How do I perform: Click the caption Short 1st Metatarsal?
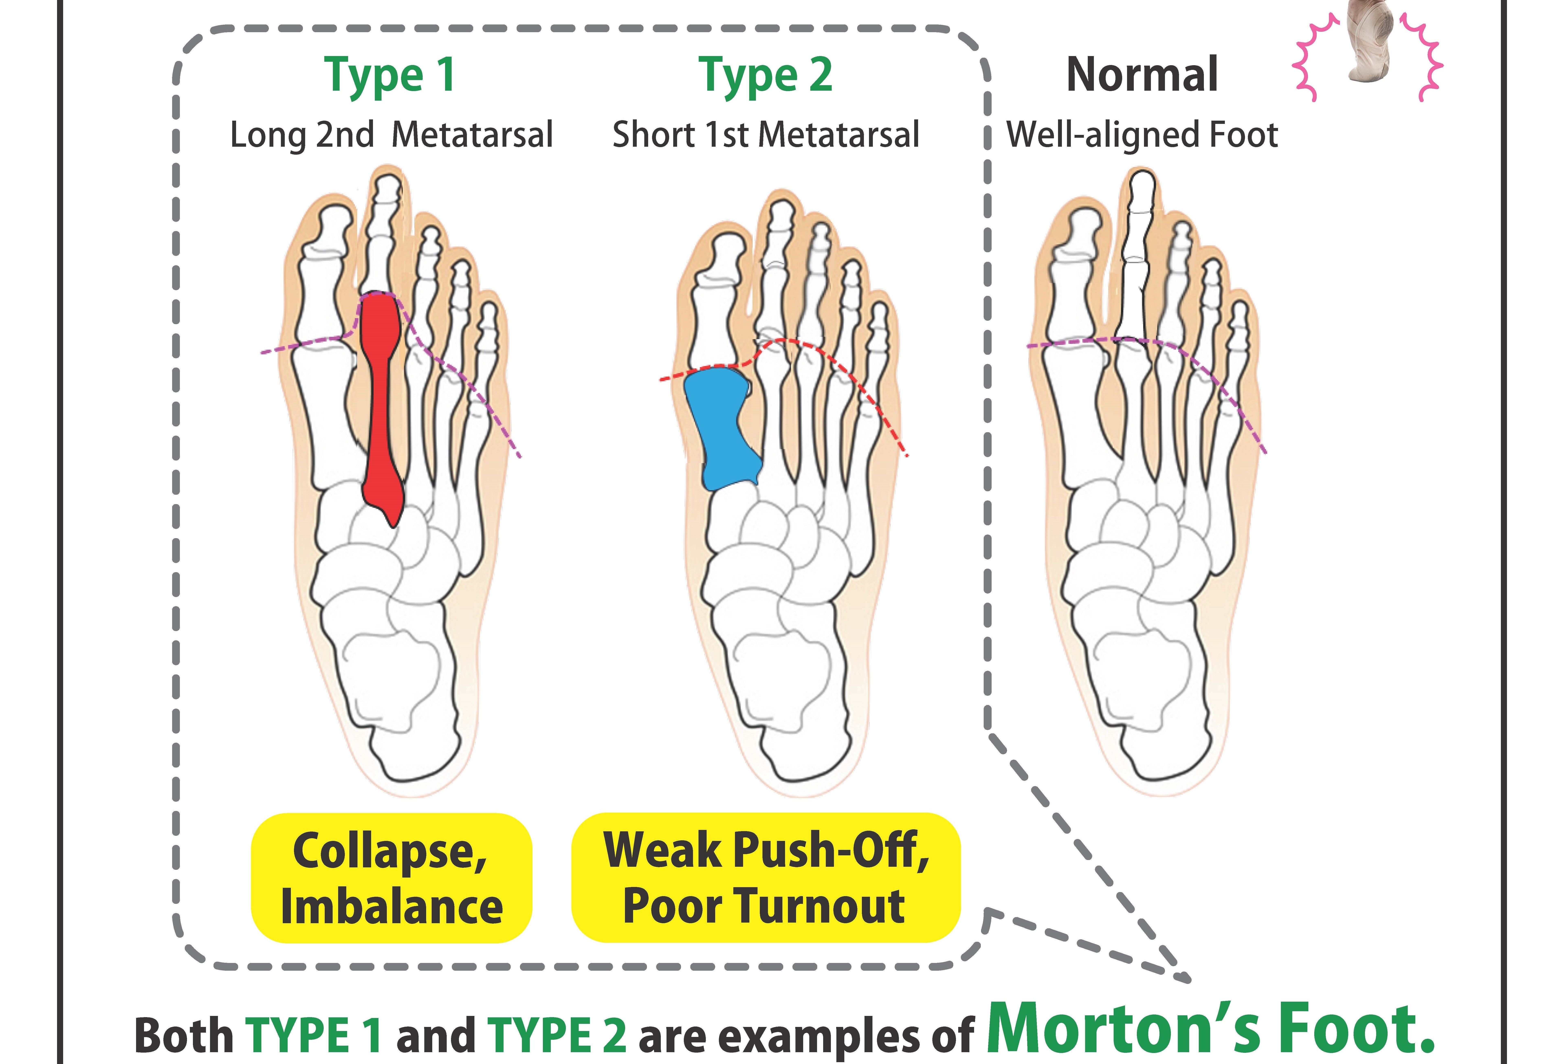point(766,135)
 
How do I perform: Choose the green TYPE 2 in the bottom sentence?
point(558,1035)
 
